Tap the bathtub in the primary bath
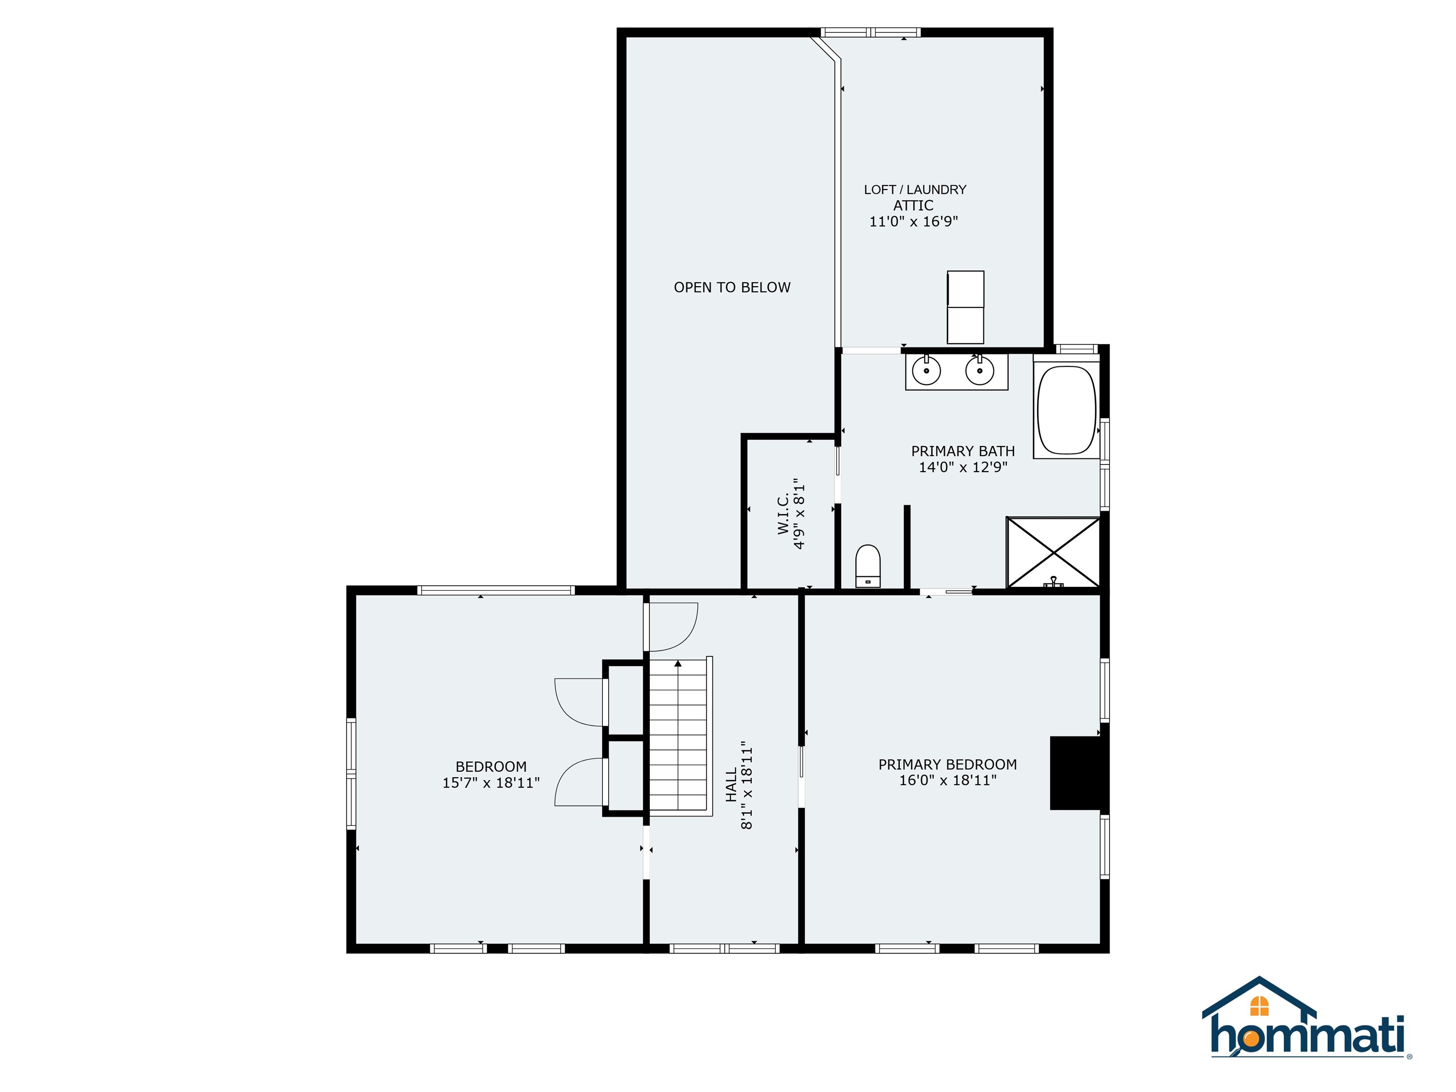pyautogui.click(x=1066, y=410)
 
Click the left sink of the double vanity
pyautogui.click(x=927, y=371)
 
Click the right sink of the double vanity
pyautogui.click(x=980, y=371)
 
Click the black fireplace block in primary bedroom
pyautogui.click(x=1075, y=773)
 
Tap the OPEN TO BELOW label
pyautogui.click(x=732, y=288)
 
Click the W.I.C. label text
pyautogui.click(x=783, y=515)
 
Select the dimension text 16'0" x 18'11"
pyautogui.click(x=948, y=781)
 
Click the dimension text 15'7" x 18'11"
pyautogui.click(x=491, y=783)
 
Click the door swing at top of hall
pyautogui.click(x=672, y=627)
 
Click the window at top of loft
pyautogui.click(x=870, y=32)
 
